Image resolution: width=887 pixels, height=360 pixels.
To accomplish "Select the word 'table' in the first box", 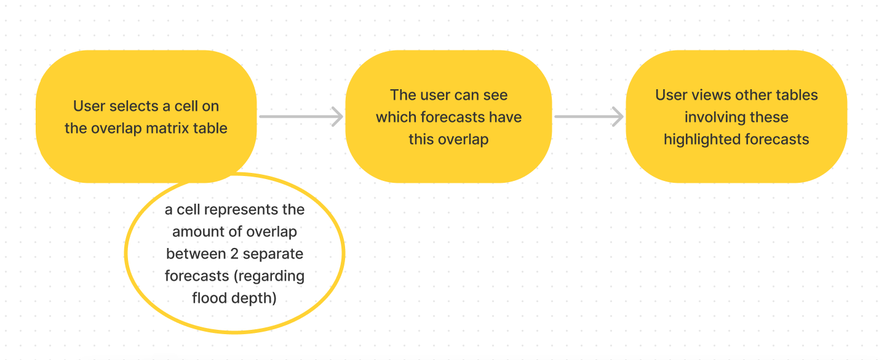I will [x=213, y=129].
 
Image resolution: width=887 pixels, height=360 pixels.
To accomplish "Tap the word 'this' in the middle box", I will [x=421, y=140].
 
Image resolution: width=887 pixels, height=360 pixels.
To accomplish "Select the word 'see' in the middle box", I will [x=495, y=95].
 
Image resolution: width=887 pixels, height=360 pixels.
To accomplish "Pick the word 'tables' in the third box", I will [x=797, y=95].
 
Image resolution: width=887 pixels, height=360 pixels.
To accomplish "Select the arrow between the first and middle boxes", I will [x=301, y=116].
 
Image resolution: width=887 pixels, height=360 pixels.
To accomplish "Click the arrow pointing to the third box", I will [x=589, y=116].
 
